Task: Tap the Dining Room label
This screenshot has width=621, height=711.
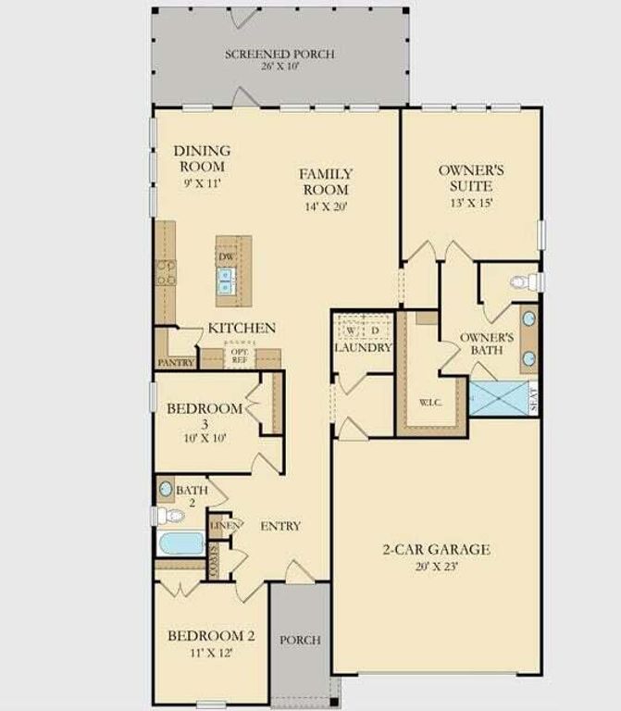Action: tap(202, 158)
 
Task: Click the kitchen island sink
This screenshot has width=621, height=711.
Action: tap(225, 277)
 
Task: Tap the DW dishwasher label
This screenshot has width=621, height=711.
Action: tap(225, 256)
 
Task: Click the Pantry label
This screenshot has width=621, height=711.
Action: tap(176, 363)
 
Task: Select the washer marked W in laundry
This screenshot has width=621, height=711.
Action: tap(351, 330)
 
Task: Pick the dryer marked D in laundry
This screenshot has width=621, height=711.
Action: tap(375, 330)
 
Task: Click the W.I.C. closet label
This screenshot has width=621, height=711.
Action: tap(428, 402)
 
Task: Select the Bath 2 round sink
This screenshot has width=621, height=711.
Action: tap(167, 489)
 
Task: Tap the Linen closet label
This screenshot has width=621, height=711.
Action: tap(226, 526)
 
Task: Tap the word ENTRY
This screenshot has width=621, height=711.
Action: tap(280, 526)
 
